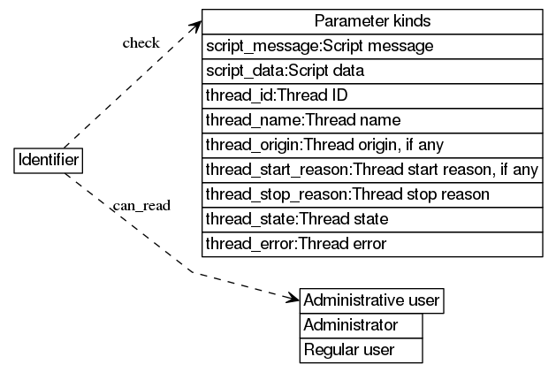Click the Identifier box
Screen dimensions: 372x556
(x=50, y=162)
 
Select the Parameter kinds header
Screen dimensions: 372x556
(x=372, y=21)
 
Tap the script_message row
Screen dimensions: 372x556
(x=372, y=45)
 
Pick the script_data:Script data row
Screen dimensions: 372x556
(x=372, y=70)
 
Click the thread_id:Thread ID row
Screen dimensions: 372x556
(x=372, y=95)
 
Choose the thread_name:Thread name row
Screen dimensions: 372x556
(x=372, y=119)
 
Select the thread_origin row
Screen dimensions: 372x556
(x=372, y=144)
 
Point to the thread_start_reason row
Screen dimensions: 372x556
(x=372, y=169)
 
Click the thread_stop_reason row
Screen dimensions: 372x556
(x=372, y=194)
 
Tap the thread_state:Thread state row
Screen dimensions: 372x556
(x=372, y=218)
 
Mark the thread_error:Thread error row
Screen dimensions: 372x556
(x=372, y=243)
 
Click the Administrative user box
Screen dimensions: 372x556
(x=371, y=301)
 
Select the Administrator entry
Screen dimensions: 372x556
(x=361, y=326)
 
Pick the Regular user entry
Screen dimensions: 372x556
(x=361, y=351)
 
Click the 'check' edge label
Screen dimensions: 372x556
(x=141, y=42)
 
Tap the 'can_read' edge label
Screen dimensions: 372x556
(x=141, y=206)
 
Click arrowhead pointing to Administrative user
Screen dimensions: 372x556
(x=293, y=300)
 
